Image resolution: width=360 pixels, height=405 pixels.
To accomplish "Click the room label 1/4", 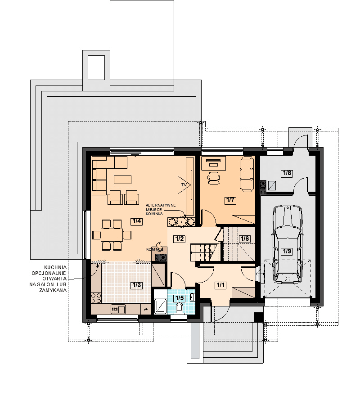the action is (137, 221).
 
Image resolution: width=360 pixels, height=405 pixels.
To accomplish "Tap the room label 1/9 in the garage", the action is (287, 251).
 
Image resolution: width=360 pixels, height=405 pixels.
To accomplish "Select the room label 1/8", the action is (287, 173).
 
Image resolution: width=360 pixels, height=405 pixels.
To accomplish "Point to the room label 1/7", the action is (230, 200).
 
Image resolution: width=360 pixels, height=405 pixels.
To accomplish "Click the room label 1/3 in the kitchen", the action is (137, 285).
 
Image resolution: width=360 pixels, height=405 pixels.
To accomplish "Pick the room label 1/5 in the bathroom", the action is (180, 298).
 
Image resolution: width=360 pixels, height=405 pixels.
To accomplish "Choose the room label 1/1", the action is (220, 285).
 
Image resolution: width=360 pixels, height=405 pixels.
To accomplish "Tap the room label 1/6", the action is (244, 238).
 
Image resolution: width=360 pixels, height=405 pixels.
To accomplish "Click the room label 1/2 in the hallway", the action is (180, 238).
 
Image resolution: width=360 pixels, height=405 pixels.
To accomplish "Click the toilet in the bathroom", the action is (179, 309).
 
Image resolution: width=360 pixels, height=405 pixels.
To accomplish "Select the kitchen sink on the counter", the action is (118, 309).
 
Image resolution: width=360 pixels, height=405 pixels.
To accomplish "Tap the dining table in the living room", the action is (112, 235).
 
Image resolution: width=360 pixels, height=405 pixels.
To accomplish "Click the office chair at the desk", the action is (214, 178).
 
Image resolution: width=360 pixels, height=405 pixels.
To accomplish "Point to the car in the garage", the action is (287, 244).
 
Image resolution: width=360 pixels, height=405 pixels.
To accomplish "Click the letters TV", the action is (184, 185).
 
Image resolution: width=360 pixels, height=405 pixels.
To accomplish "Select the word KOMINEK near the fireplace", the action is (154, 249).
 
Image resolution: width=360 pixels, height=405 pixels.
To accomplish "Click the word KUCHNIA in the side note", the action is (55, 267).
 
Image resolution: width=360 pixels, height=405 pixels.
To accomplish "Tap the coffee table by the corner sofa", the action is (123, 180).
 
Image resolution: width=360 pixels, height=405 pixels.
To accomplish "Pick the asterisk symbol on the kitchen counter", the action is (146, 309).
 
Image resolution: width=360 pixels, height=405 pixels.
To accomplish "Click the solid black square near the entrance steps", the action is (259, 317).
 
